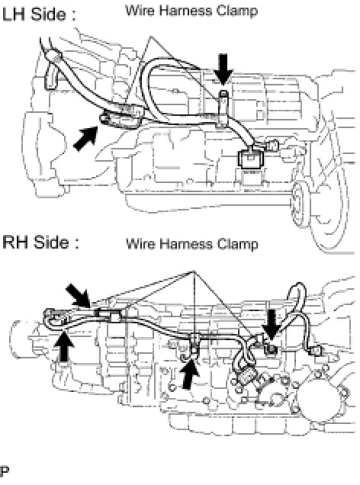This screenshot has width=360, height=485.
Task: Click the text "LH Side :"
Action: coord(39,14)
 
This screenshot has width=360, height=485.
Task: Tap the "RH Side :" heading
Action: coord(40,242)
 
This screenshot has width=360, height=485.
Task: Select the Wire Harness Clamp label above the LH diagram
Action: coord(191,11)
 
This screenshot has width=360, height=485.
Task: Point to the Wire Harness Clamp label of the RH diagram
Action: coord(191,244)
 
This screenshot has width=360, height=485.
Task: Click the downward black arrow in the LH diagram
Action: coord(223,69)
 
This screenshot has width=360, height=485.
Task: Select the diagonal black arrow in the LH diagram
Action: coord(86,139)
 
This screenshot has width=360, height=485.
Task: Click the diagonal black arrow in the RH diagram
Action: coord(79,296)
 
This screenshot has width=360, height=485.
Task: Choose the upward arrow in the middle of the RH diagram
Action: coord(190,374)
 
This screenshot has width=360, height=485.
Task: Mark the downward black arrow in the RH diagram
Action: coord(271,326)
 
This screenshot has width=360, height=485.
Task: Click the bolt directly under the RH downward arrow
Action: coord(271,349)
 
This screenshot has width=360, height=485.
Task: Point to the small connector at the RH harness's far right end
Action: coord(316,351)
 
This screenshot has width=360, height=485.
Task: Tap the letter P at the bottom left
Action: coord(5,471)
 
